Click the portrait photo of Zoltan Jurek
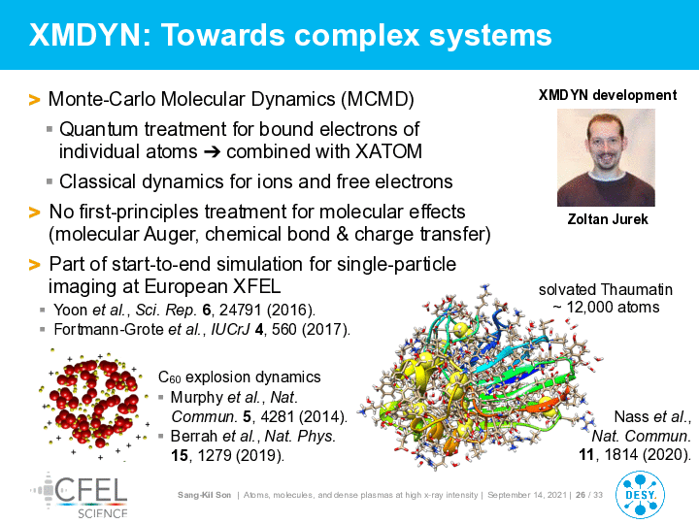(x=606, y=158)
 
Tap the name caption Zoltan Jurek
(x=608, y=219)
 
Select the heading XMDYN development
(x=608, y=95)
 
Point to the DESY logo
(x=640, y=495)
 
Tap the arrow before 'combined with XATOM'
(x=212, y=152)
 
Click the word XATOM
(x=388, y=151)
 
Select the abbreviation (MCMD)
(x=378, y=99)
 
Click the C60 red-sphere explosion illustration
(x=95, y=405)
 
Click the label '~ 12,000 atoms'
(x=606, y=308)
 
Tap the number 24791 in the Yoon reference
(x=238, y=310)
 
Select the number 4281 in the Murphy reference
(x=278, y=416)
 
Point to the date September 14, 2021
(x=527, y=495)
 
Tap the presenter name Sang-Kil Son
(x=204, y=495)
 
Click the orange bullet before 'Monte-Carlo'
(x=34, y=100)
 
